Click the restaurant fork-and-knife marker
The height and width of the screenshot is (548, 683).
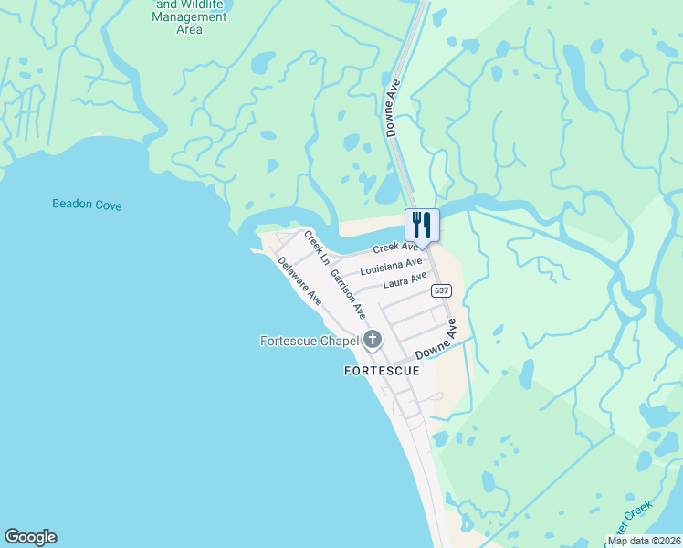(422, 225)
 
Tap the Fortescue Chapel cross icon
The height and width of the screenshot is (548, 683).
(372, 341)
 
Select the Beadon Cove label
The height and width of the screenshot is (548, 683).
(87, 205)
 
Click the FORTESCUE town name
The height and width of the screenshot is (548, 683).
(382, 371)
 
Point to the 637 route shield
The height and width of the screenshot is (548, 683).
(441, 290)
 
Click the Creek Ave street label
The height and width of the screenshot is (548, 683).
(395, 248)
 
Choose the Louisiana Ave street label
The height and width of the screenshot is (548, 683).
(391, 267)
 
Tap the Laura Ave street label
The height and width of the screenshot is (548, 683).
(405, 279)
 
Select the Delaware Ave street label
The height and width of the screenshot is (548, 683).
(300, 280)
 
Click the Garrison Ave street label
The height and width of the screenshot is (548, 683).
(348, 293)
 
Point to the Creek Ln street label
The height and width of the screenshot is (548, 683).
(316, 248)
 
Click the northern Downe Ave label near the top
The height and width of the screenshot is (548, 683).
(394, 108)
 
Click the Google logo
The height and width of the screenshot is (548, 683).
(30, 537)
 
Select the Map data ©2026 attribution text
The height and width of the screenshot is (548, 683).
(644, 541)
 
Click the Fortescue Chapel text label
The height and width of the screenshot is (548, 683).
(308, 342)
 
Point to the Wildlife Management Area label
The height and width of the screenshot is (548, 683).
(189, 16)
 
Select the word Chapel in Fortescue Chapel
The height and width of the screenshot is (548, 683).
(335, 342)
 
